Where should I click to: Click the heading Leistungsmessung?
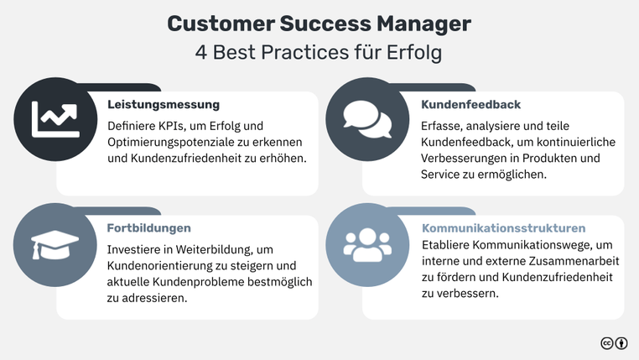pyautogui.click(x=164, y=105)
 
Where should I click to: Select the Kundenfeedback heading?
pyautogui.click(x=470, y=105)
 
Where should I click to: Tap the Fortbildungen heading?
pyautogui.click(x=148, y=227)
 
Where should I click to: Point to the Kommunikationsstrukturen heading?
pyautogui.click(x=503, y=228)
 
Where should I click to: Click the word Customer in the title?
pyautogui.click(x=217, y=23)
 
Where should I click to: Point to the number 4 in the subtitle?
pyautogui.click(x=201, y=52)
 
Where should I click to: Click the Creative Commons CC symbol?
pyautogui.click(x=606, y=343)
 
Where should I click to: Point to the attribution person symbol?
pyautogui.click(x=621, y=343)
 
